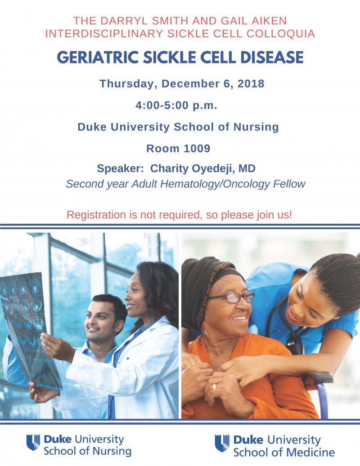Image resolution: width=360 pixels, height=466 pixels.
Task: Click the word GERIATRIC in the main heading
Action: (x=98, y=57)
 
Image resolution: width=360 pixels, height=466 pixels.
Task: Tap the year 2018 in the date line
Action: (x=251, y=83)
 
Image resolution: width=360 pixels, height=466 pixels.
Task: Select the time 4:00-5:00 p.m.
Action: (x=176, y=105)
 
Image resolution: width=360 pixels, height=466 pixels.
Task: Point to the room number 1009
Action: (x=197, y=148)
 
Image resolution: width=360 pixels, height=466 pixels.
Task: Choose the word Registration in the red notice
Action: (x=96, y=215)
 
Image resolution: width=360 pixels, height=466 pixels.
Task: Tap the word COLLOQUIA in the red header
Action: (x=281, y=34)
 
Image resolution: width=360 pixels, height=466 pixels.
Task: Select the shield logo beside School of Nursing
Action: (x=33, y=442)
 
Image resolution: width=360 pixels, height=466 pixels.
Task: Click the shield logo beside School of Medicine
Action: (x=222, y=443)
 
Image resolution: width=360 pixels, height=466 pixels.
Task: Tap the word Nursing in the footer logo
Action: (x=112, y=451)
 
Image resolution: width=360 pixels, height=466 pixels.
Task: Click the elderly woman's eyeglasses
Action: (x=232, y=297)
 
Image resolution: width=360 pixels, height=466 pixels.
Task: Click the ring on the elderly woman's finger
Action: (x=214, y=386)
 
